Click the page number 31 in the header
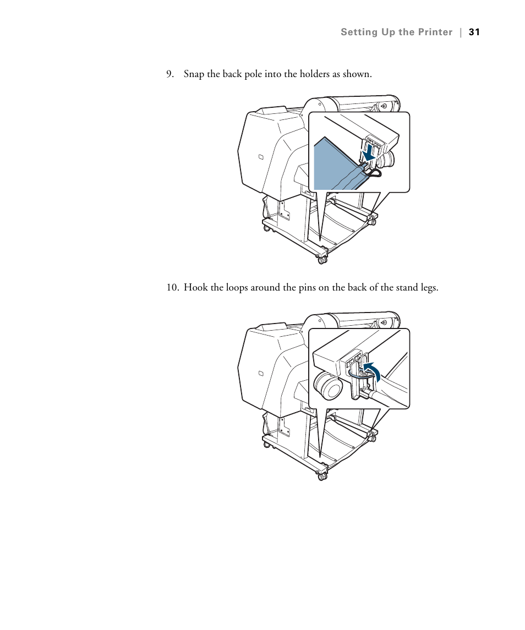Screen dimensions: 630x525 tap(474, 32)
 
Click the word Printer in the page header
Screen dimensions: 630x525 tap(435, 32)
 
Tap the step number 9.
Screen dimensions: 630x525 tap(170, 74)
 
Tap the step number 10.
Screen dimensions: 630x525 tap(173, 288)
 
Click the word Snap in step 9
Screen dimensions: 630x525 tap(193, 74)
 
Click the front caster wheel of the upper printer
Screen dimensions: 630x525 tap(322, 259)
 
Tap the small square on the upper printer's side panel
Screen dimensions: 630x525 tap(261, 157)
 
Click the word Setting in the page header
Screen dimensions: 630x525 tap(357, 32)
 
